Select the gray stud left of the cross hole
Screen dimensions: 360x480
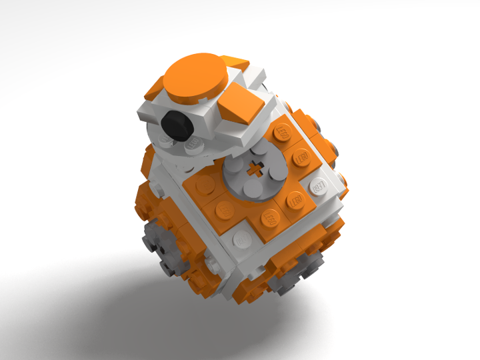click(x=235, y=166)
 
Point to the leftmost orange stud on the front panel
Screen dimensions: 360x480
click(x=225, y=207)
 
